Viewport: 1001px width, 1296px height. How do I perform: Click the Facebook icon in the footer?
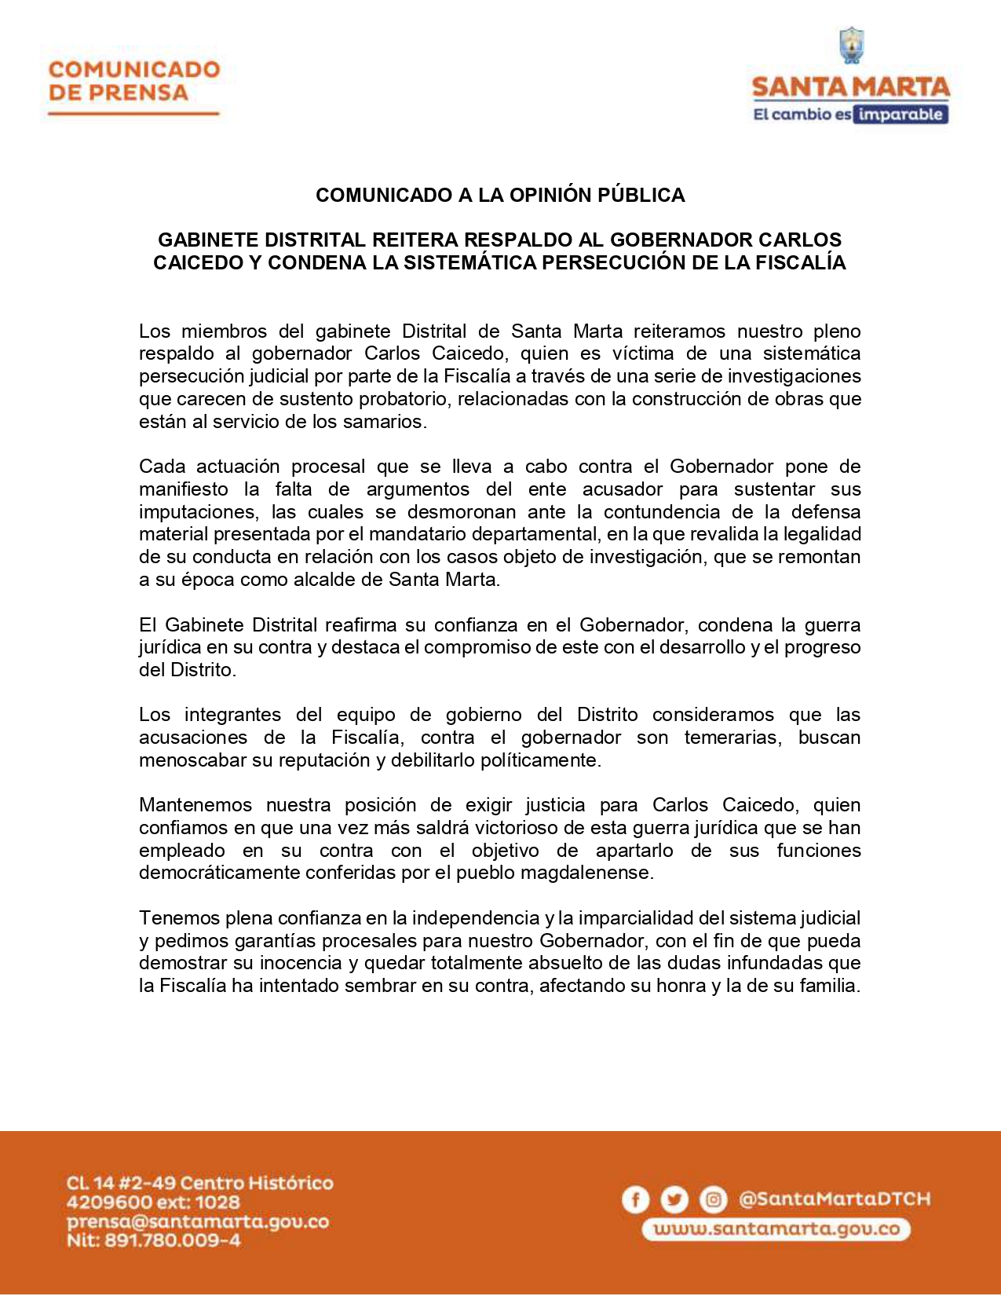coord(635,1199)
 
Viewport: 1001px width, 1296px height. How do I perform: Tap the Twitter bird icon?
coord(674,1199)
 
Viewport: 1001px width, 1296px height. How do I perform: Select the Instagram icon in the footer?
coord(713,1199)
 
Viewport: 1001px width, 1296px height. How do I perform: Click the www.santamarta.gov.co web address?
coord(776,1229)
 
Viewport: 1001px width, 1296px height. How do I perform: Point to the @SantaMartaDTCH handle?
coord(835,1199)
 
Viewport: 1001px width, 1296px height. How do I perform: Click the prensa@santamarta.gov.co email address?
coord(197,1222)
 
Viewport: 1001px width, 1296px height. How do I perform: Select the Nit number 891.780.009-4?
coord(153,1241)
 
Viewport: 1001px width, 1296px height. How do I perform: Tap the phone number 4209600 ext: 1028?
coord(153,1203)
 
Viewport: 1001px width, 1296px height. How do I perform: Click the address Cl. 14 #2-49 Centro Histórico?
coord(199,1183)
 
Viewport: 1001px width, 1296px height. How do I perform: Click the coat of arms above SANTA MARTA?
coord(852,46)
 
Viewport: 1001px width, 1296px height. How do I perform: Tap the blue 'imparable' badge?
coord(901,115)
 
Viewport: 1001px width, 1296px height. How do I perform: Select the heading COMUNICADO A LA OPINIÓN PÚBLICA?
coord(500,195)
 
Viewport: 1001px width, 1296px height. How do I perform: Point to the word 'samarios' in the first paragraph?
coord(389,422)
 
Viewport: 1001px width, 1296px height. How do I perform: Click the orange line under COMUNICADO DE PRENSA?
coord(133,114)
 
